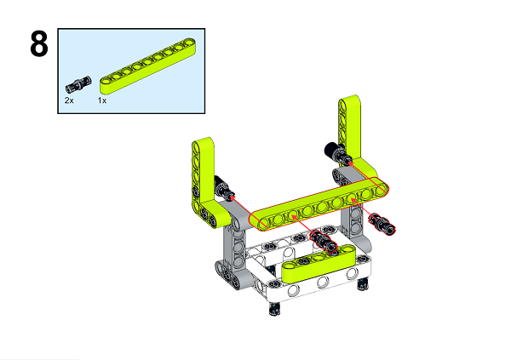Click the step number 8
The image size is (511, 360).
38,45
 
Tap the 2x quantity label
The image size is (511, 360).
69,100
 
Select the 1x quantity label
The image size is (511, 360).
101,100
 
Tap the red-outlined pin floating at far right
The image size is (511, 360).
386,225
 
